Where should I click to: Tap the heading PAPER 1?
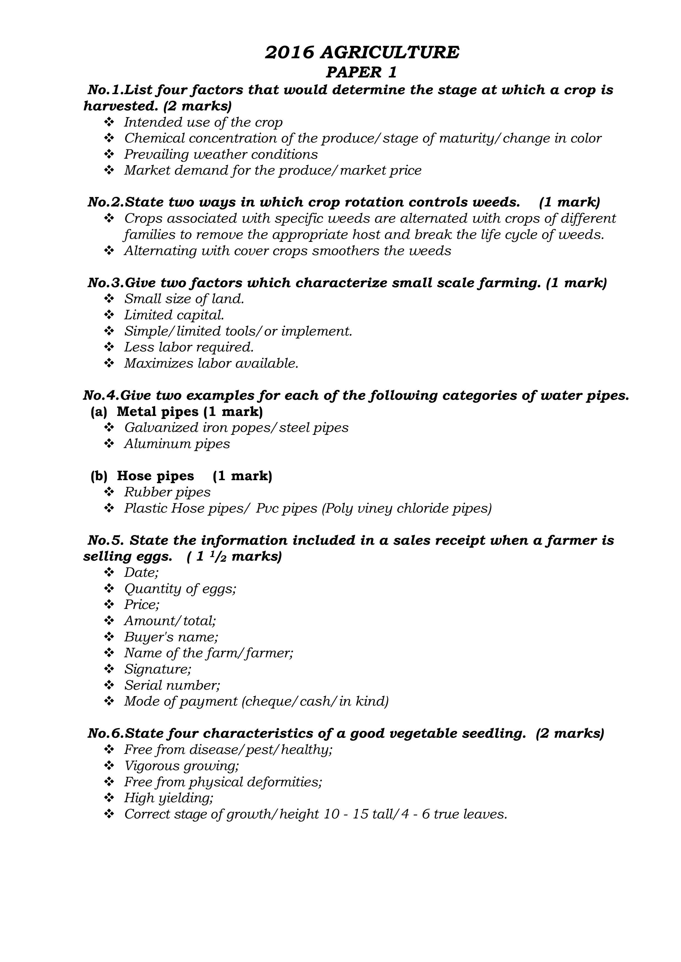(x=361, y=72)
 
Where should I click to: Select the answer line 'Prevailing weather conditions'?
(x=221, y=154)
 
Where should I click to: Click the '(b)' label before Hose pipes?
(x=99, y=476)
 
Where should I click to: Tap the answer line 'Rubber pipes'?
(x=167, y=492)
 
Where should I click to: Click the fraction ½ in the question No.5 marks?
(x=220, y=557)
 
